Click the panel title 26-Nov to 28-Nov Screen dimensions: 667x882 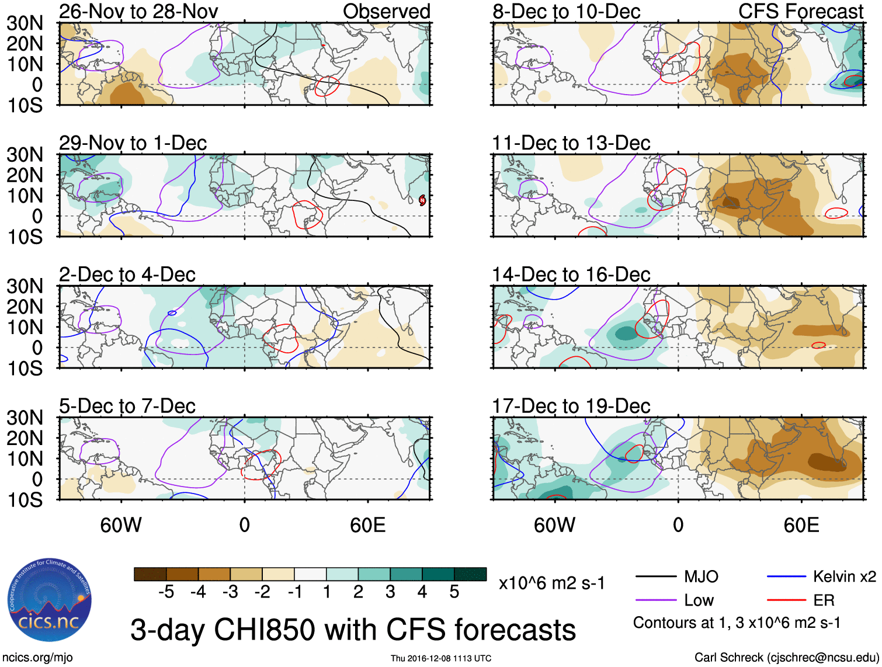[x=138, y=11]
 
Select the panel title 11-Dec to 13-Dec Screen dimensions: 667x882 [x=571, y=143]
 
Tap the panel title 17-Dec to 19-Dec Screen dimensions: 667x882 [x=571, y=406]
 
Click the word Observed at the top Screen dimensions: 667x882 [x=386, y=11]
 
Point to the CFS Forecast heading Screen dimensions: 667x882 [x=800, y=11]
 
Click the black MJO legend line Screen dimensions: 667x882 [x=656, y=577]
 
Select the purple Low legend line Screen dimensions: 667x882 [x=656, y=600]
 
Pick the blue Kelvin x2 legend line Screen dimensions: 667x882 [x=786, y=577]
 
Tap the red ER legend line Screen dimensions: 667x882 [x=786, y=600]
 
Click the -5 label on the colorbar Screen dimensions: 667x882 [x=166, y=592]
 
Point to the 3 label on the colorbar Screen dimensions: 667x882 [x=390, y=592]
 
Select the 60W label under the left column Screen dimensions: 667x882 [x=121, y=525]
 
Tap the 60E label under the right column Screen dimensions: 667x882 [x=801, y=525]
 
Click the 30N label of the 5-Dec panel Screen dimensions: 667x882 [x=25, y=418]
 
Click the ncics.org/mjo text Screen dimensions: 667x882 [x=37, y=658]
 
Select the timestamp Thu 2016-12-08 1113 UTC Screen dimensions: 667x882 [x=441, y=658]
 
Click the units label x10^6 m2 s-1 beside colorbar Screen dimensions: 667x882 [x=551, y=583]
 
